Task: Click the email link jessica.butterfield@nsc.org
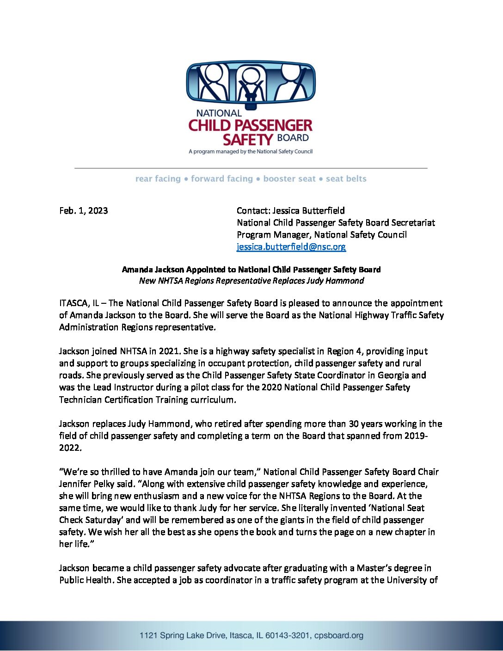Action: (291, 247)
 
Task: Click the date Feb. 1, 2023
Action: (84, 211)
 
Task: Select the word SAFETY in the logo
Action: (248, 139)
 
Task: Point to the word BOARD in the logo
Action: (293, 138)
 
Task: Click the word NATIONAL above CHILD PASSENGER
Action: (219, 113)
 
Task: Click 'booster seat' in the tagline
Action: (289, 179)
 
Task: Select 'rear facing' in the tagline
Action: (158, 179)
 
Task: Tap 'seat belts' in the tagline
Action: (346, 179)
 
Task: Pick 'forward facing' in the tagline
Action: (222, 179)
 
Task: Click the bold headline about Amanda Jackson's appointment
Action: (251, 270)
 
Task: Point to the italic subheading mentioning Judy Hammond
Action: (251, 281)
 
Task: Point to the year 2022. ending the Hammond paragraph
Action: (70, 448)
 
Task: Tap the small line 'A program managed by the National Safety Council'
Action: (251, 152)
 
